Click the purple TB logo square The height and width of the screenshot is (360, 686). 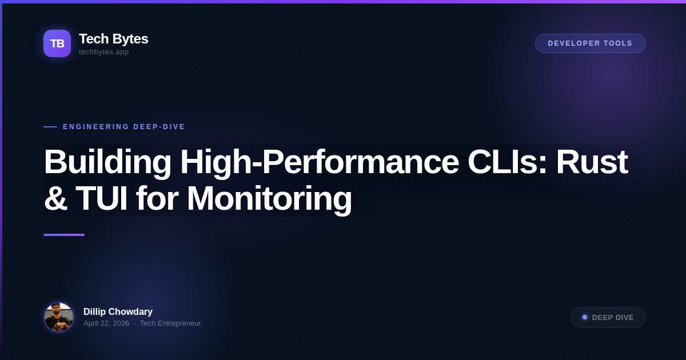click(x=57, y=43)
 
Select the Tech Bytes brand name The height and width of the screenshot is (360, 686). click(x=113, y=39)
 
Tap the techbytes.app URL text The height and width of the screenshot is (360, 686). click(x=103, y=52)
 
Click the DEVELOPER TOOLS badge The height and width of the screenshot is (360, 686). click(x=590, y=43)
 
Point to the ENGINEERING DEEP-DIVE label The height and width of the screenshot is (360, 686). click(x=124, y=127)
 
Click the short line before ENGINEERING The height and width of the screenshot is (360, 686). click(x=50, y=127)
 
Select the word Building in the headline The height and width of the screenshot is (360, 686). click(x=107, y=162)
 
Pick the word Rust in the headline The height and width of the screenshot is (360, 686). click(x=592, y=162)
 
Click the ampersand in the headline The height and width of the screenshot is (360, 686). click(x=55, y=199)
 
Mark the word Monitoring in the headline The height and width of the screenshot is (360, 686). click(x=269, y=199)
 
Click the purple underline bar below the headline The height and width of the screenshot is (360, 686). click(x=64, y=235)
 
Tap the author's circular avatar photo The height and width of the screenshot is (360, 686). click(x=59, y=317)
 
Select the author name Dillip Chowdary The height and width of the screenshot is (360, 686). click(x=118, y=311)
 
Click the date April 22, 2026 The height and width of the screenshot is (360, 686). click(x=106, y=323)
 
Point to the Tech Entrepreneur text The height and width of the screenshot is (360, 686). click(x=170, y=323)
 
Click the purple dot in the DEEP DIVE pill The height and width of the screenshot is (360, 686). click(x=585, y=317)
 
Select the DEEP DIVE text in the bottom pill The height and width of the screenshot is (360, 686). click(x=613, y=318)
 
